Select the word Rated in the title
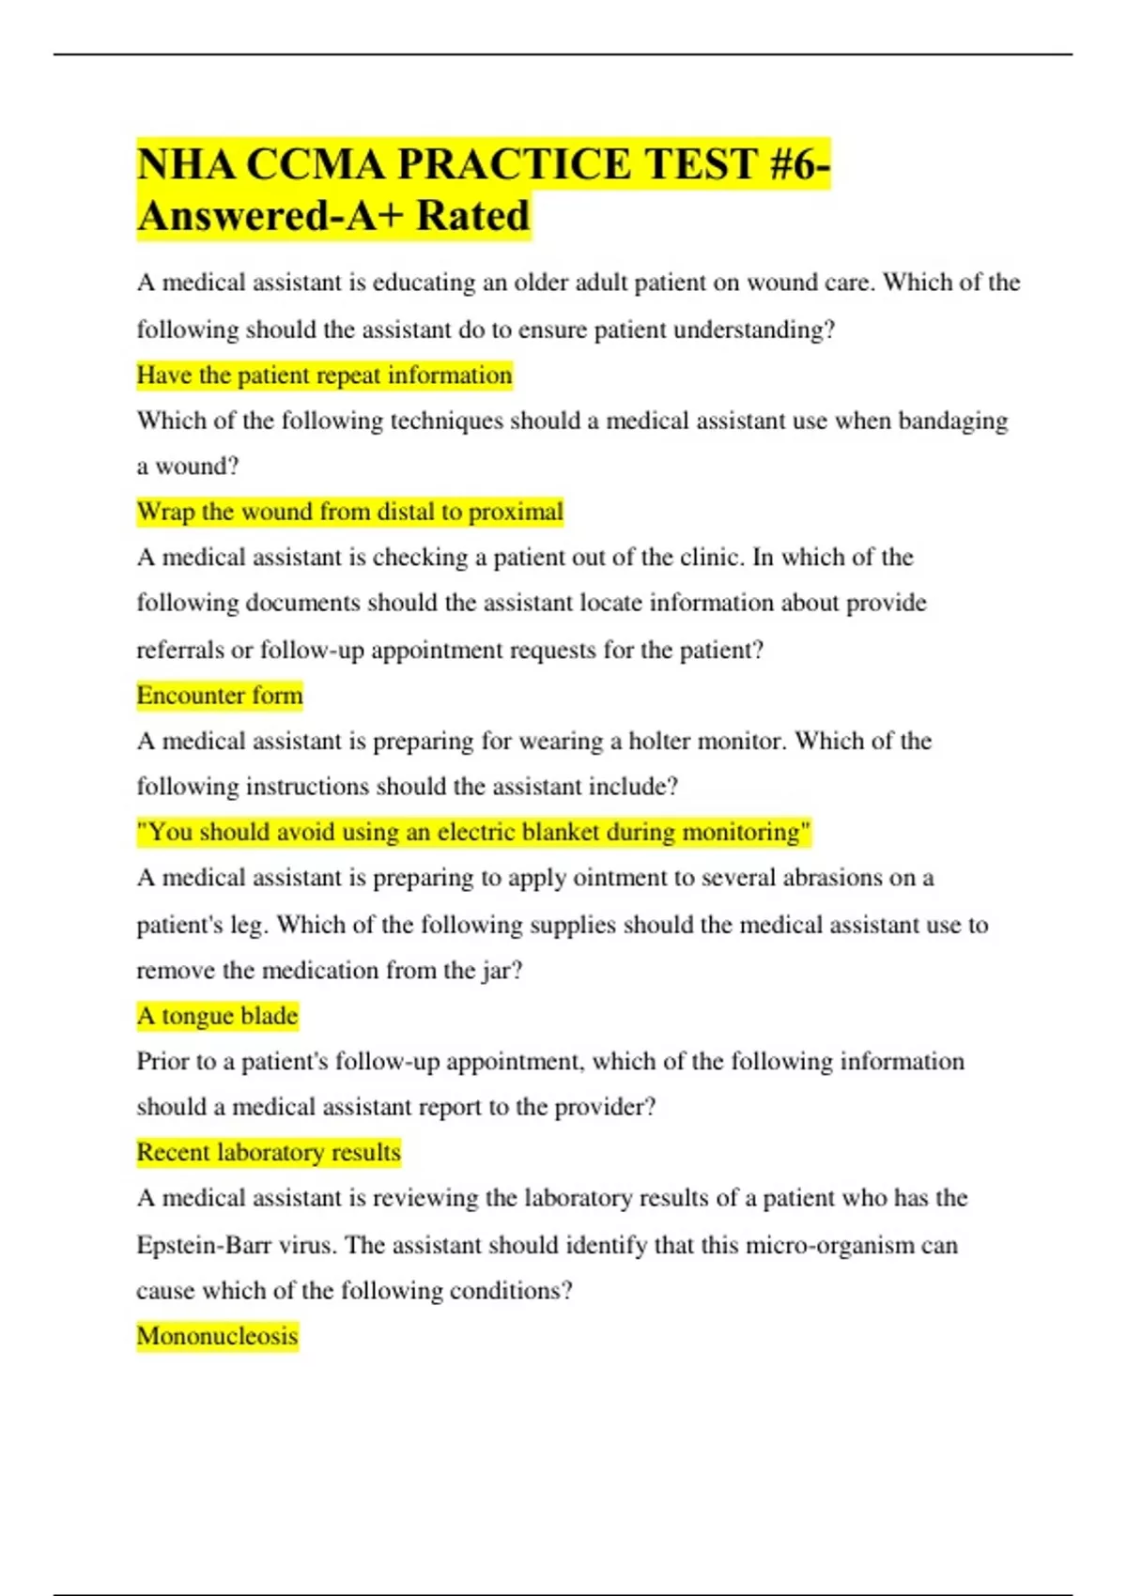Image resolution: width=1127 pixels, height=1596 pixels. (x=473, y=216)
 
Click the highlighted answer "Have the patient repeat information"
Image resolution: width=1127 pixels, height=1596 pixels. (x=324, y=376)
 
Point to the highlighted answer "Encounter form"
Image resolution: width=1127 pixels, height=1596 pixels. (x=220, y=696)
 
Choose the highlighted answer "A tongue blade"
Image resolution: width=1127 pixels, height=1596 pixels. (x=217, y=1016)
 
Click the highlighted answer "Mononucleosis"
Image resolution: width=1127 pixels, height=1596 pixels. (x=217, y=1336)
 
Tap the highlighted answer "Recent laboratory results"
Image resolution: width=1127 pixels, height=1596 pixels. (x=269, y=1152)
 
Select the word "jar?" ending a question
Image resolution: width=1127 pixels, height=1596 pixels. (x=502, y=971)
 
